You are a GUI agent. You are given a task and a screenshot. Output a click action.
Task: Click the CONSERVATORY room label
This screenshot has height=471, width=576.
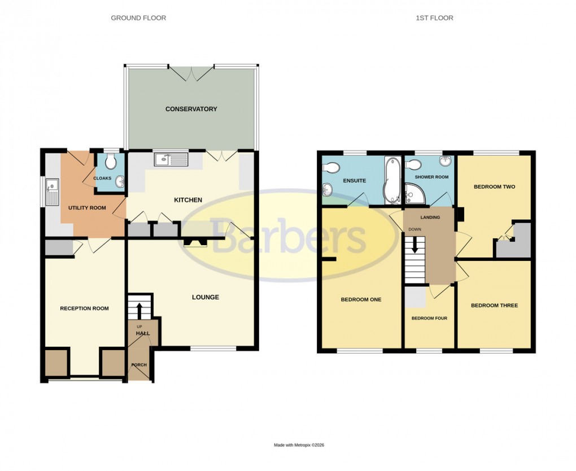click(x=191, y=109)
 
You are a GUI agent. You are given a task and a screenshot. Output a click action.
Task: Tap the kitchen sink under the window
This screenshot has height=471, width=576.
click(x=171, y=160)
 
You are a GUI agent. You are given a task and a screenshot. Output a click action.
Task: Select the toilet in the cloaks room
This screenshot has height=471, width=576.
click(x=111, y=163)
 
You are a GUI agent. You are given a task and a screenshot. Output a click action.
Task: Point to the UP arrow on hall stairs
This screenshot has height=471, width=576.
click(x=139, y=309)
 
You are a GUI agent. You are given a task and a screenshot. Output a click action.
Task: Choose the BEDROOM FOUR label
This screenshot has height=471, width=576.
click(x=429, y=319)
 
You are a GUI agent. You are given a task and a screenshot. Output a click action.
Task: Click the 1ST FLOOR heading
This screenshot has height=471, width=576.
click(x=434, y=18)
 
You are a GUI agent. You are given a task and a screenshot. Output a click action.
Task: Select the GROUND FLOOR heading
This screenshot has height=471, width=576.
click(x=138, y=18)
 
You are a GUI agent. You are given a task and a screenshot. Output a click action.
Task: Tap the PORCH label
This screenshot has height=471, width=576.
click(x=139, y=365)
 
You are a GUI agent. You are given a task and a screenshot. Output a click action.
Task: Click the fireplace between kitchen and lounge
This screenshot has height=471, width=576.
click(x=196, y=242)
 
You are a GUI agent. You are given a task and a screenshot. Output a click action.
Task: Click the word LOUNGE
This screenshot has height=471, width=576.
click(x=205, y=297)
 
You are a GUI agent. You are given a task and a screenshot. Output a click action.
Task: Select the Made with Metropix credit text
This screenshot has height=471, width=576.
click(x=299, y=445)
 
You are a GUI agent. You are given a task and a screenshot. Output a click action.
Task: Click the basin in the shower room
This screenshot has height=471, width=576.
click(x=446, y=162)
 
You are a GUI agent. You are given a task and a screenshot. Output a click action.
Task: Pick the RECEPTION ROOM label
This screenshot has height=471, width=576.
click(x=84, y=308)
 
